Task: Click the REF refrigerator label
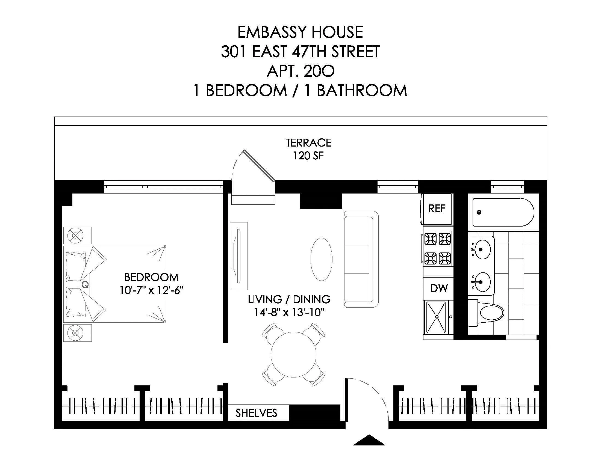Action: [x=437, y=209]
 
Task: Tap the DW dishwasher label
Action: [x=439, y=288]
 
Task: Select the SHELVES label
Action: [x=256, y=413]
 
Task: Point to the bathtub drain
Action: [x=479, y=212]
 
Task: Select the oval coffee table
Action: [x=321, y=259]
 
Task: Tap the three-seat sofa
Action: [x=361, y=259]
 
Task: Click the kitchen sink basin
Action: [x=437, y=317]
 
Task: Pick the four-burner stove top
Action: [x=438, y=248]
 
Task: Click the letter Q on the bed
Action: [x=85, y=285]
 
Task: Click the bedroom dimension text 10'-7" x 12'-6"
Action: [x=151, y=290]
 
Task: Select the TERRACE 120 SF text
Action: [x=308, y=149]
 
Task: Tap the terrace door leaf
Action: [x=259, y=165]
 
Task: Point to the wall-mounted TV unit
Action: [x=238, y=256]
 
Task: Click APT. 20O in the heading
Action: [x=300, y=71]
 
